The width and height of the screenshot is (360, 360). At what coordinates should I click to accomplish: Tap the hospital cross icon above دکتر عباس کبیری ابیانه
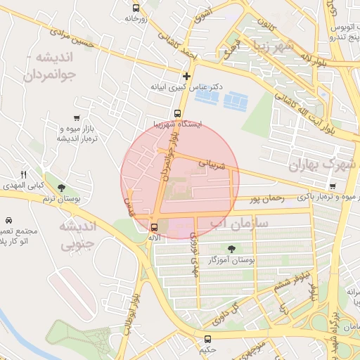point(186,76)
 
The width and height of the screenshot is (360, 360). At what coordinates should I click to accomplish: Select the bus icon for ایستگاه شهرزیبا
point(177,112)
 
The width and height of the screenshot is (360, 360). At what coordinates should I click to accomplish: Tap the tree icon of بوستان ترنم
point(63,188)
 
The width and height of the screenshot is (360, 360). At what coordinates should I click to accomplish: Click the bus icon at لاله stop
point(154,226)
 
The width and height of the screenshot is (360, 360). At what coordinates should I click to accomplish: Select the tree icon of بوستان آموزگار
point(231,248)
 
